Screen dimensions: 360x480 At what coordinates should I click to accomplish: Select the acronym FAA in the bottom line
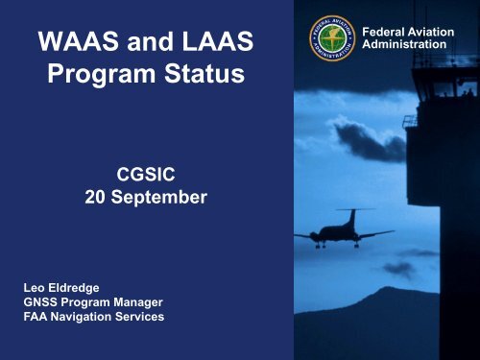(36, 317)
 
